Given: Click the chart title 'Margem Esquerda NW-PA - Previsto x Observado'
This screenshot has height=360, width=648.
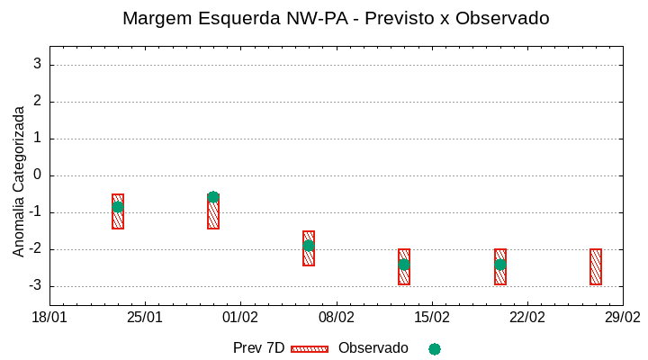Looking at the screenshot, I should tap(336, 19).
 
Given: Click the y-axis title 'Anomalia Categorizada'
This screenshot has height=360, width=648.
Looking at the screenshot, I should tap(19, 181).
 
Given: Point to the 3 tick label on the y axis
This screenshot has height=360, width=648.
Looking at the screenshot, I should tap(37, 65).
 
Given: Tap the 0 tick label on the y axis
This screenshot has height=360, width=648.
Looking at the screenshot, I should tap(37, 175).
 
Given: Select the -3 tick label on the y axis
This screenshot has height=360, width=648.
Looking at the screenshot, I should tap(34, 286).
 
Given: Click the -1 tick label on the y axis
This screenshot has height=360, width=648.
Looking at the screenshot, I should tap(34, 212).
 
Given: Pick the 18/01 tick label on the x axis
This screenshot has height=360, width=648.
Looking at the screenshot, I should tap(49, 318).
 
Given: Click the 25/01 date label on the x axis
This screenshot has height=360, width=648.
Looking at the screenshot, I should tap(145, 318).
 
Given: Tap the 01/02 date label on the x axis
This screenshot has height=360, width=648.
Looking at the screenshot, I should tap(240, 318).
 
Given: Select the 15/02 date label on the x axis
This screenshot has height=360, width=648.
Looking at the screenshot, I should tap(431, 318).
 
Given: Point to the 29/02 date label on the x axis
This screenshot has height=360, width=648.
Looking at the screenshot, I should tap(622, 318).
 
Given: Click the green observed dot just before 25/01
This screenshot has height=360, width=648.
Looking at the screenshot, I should tap(118, 207).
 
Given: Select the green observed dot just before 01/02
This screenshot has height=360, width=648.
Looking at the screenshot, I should tap(213, 197).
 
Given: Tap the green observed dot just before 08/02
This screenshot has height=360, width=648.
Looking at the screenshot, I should tap(309, 246).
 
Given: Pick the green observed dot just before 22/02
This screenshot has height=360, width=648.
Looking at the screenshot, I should tap(500, 265).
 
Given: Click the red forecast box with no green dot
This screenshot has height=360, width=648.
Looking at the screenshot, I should tap(596, 266).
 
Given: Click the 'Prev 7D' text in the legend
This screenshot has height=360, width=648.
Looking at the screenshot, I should tap(258, 348).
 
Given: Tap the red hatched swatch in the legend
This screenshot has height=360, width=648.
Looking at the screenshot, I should tap(310, 348).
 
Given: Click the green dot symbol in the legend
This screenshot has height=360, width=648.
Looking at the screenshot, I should tap(435, 349).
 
